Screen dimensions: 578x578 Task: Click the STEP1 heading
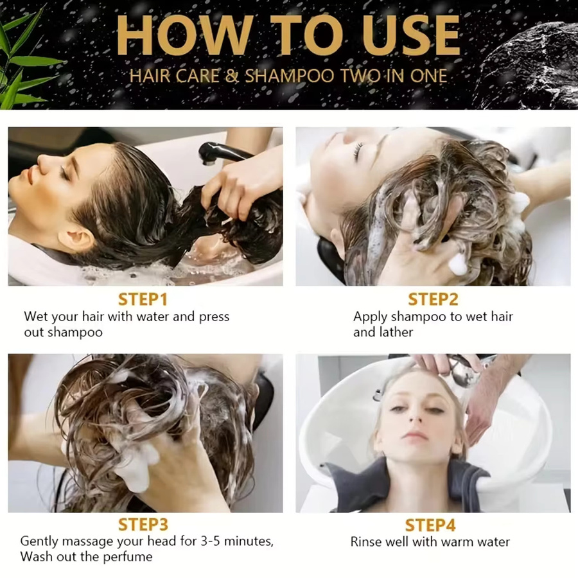143,299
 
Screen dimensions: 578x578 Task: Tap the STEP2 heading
433,299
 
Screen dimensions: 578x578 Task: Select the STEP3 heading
143,524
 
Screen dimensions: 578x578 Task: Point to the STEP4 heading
430,525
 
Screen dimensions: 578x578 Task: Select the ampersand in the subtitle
232,76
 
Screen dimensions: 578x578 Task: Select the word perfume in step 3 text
128,557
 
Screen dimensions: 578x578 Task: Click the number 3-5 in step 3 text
211,541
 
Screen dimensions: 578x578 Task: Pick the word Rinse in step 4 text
365,541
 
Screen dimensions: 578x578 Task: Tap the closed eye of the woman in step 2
358,150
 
